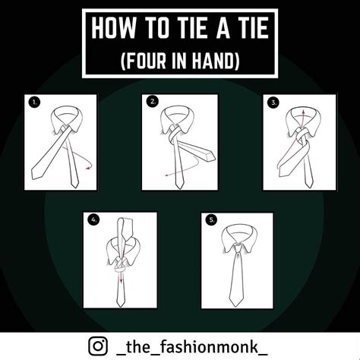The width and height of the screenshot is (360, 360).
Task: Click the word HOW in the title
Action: pyautogui.click(x=113, y=28)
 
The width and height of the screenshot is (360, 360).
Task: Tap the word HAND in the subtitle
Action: pyautogui.click(x=215, y=61)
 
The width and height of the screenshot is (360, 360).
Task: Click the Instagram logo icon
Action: pyautogui.click(x=98, y=346)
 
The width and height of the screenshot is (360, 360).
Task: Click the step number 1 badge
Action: pyautogui.click(x=34, y=103)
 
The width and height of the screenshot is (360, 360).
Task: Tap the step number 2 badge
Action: pyautogui.click(x=153, y=102)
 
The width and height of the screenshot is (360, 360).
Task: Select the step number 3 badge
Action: pyautogui.click(x=273, y=103)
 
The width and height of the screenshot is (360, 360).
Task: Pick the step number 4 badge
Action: pyautogui.click(x=93, y=219)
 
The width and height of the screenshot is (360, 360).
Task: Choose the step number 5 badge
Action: pyautogui.click(x=212, y=219)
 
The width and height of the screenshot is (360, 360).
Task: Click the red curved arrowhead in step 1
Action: pyautogui.click(x=87, y=167)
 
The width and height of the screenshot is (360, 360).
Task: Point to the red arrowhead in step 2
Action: pyautogui.click(x=167, y=175)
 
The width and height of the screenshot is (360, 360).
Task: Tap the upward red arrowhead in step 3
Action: pyautogui.click(x=303, y=112)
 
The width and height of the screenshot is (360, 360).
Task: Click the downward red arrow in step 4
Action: pyautogui.click(x=121, y=274)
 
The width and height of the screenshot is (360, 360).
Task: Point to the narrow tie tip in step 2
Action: pyautogui.click(x=179, y=187)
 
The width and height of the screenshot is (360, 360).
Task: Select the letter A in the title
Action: pyautogui.click(x=223, y=28)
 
